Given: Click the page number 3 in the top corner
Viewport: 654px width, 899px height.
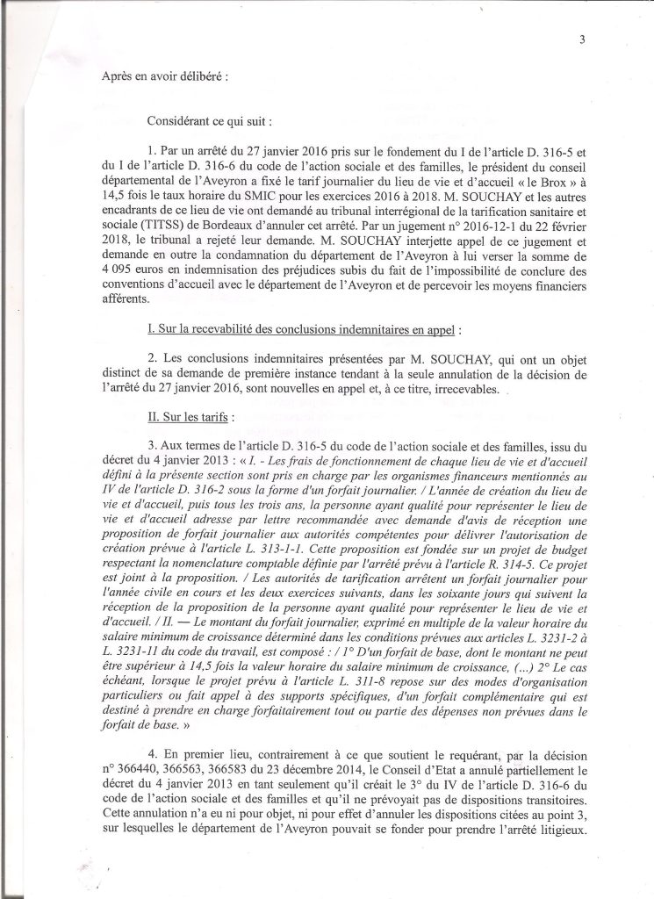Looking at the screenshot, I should pos(582,38).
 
